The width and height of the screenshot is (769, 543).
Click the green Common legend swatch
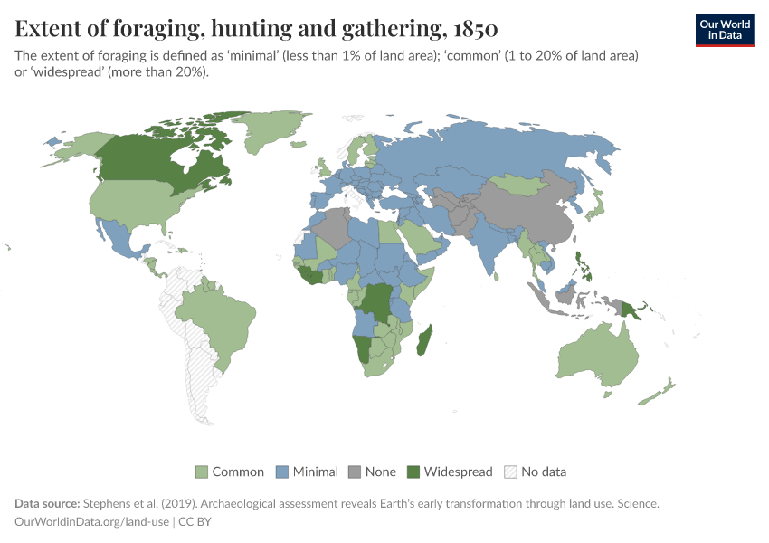(202, 472)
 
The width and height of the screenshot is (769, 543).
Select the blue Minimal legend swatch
(282, 472)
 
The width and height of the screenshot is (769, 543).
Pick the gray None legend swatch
(355, 472)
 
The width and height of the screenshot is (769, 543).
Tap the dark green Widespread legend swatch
(413, 472)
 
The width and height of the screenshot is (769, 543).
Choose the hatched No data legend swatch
(510, 472)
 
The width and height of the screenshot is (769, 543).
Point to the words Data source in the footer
(47, 502)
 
